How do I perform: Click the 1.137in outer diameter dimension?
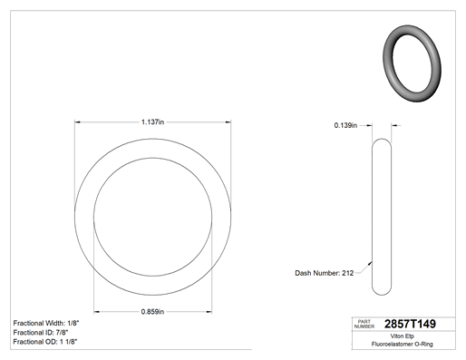click(152, 122)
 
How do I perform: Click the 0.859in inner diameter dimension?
click(152, 312)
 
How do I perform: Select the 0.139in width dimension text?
click(345, 125)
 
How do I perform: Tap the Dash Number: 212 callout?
click(325, 273)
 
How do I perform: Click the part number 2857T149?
click(410, 324)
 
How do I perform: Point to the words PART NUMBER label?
click(364, 324)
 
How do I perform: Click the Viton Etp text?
click(403, 336)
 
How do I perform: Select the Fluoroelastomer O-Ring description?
click(403, 344)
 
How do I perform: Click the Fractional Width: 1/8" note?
click(46, 323)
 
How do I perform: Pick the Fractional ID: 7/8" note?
click(41, 333)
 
